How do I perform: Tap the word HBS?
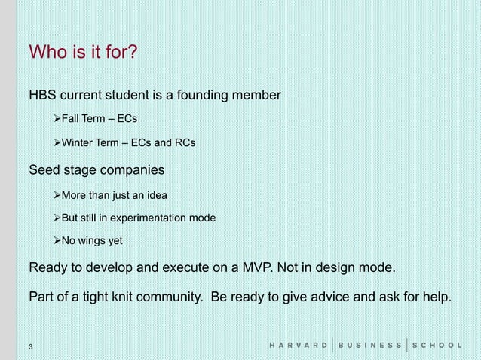(43, 96)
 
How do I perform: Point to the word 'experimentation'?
(159, 218)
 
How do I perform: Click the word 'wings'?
(95, 240)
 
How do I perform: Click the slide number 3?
(30, 346)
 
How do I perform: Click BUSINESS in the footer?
(369, 346)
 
